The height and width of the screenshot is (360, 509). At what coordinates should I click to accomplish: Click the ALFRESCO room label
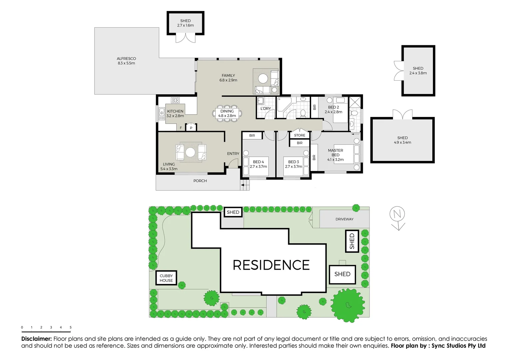126,59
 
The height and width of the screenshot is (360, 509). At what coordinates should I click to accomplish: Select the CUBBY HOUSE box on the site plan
166,278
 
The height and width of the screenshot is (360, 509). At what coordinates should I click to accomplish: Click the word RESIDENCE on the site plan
271,265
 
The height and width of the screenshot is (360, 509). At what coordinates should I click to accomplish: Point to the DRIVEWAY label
344,219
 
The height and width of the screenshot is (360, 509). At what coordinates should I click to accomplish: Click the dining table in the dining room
227,114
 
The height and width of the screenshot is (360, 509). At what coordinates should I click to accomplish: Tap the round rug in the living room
190,152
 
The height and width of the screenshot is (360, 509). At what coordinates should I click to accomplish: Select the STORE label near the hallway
299,135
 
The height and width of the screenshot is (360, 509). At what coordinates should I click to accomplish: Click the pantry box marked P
191,128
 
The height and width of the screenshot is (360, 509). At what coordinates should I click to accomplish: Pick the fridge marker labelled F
181,128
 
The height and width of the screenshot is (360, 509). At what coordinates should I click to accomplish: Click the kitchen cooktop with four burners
175,100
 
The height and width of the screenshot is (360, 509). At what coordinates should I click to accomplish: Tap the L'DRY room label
265,109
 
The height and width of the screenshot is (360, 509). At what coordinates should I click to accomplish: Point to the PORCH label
200,181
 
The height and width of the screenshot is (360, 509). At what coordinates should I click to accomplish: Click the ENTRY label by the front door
233,154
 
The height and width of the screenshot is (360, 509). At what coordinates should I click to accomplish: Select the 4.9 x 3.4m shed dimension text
402,143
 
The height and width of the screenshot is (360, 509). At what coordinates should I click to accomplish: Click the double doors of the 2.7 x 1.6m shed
186,39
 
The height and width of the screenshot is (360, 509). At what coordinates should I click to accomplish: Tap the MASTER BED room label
335,153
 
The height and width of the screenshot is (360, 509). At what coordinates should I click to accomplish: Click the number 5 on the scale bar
71,327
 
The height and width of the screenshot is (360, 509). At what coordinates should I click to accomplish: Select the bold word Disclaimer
36,339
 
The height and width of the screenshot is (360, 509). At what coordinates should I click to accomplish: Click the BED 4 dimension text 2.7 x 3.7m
258,167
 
